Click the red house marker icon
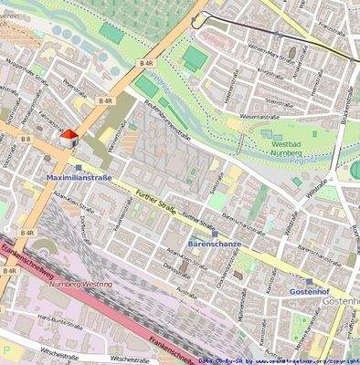tap(67, 137)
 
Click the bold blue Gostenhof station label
tap(309, 291)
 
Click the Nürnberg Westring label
tap(82, 284)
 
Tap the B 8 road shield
tap(26, 139)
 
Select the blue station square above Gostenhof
tap(309, 281)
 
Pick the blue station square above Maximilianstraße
tap(79, 167)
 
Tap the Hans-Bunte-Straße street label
tap(66, 320)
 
